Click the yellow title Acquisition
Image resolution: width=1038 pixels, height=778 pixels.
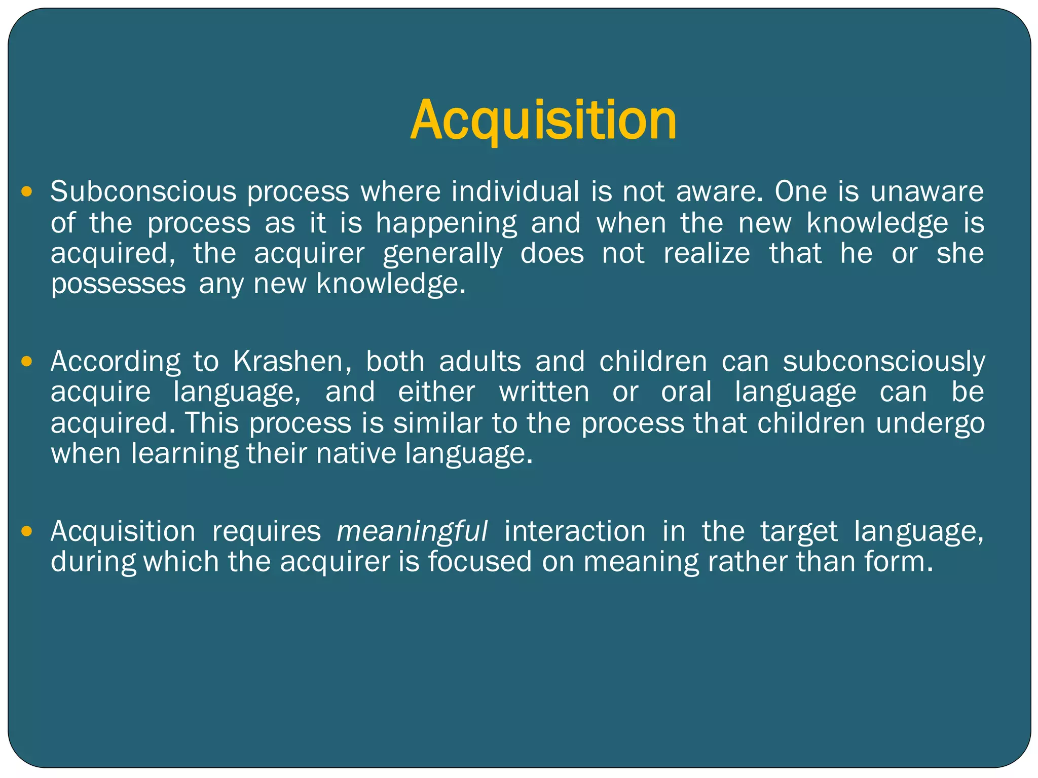pyautogui.click(x=543, y=121)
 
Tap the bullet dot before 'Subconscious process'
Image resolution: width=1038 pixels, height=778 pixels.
pyautogui.click(x=27, y=192)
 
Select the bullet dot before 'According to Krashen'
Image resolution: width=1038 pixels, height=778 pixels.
pyautogui.click(x=27, y=362)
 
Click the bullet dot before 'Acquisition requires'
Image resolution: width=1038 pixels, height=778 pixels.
pyautogui.click(x=27, y=531)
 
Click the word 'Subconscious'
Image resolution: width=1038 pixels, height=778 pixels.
pyautogui.click(x=143, y=192)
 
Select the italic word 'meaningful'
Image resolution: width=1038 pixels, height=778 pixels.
pyautogui.click(x=412, y=531)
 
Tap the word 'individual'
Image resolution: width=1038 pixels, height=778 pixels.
pyautogui.click(x=515, y=192)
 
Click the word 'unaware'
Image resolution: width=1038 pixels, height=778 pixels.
pyautogui.click(x=927, y=192)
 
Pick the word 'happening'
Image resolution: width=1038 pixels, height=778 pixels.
pyautogui.click(x=447, y=224)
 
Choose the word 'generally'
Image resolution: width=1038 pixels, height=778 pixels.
pyautogui.click(x=442, y=254)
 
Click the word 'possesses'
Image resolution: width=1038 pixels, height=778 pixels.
pyautogui.click(x=119, y=284)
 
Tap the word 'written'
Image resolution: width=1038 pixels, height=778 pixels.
pyautogui.click(x=544, y=392)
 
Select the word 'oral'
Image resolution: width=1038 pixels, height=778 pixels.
pyautogui.click(x=686, y=392)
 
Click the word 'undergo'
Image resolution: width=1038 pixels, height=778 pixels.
pyautogui.click(x=930, y=423)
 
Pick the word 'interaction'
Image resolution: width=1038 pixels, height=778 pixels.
pyautogui.click(x=575, y=531)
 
